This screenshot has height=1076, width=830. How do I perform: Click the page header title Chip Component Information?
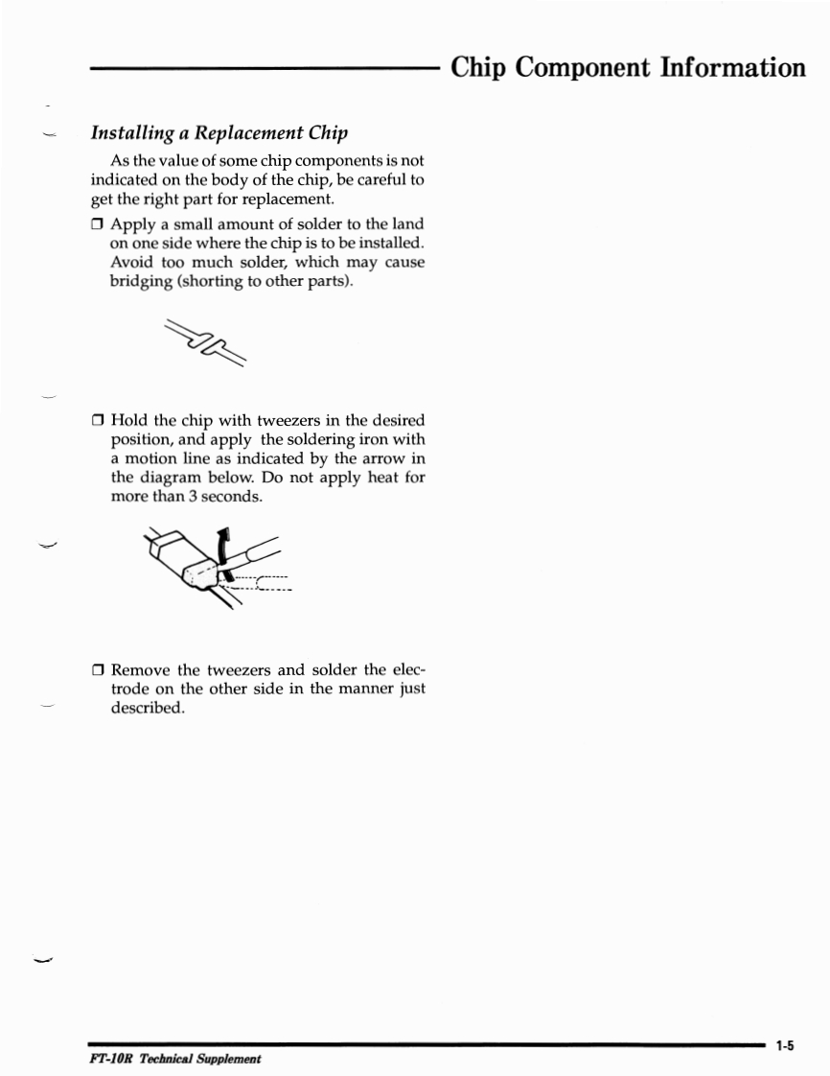click(628, 68)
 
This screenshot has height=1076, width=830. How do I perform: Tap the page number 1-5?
click(787, 1046)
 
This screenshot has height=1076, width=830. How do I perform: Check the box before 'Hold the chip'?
click(98, 421)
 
